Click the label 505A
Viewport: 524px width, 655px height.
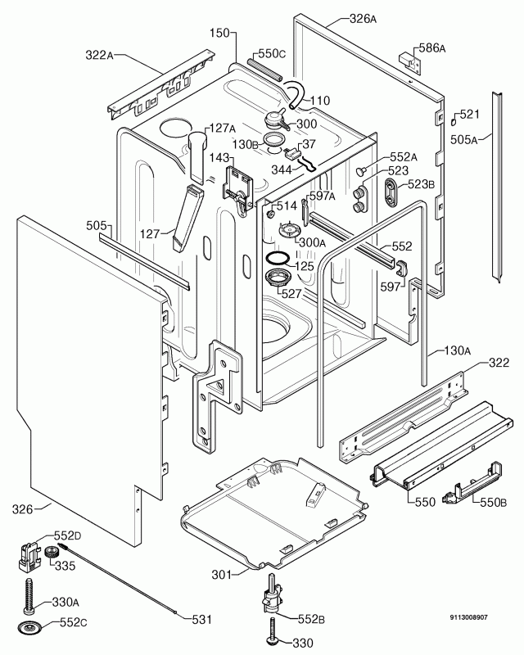[463, 138]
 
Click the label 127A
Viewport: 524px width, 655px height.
[220, 128]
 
